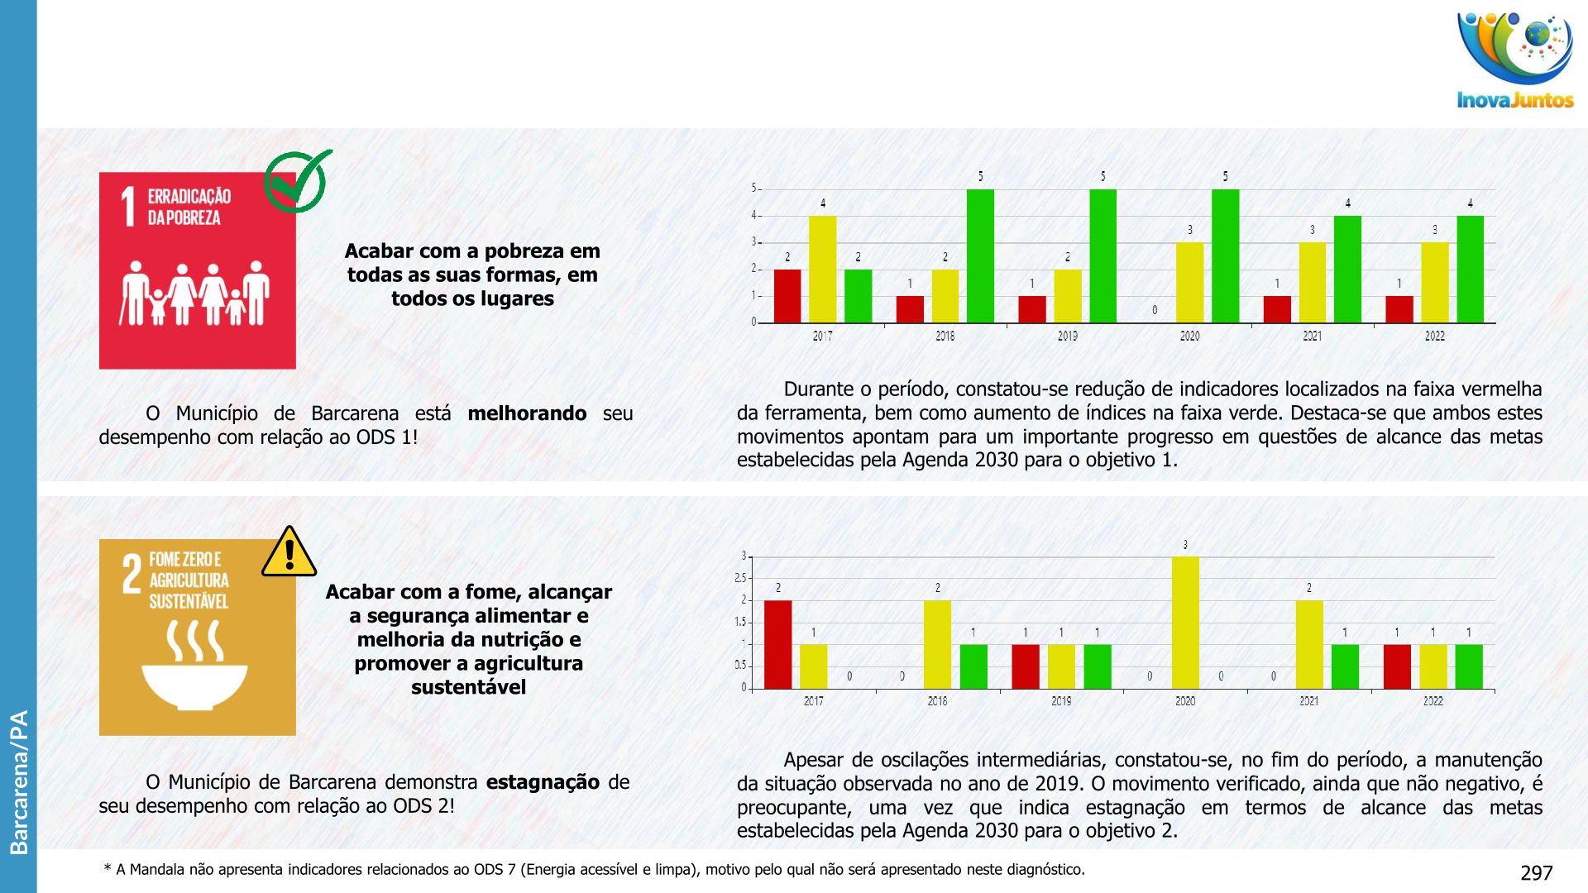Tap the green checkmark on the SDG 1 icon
(297, 181)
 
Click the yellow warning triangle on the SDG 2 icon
(289, 552)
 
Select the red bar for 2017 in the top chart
(787, 296)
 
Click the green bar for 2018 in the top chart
(980, 256)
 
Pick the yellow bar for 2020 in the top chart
(1189, 283)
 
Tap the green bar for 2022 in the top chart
(1470, 270)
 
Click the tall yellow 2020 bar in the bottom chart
(1185, 623)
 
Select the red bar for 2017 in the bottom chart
(777, 645)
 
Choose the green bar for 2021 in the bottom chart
(1345, 666)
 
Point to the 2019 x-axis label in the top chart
(1067, 336)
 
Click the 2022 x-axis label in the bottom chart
(1433, 701)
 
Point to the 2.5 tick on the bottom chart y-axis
(740, 578)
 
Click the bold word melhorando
(527, 413)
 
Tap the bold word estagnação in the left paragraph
(543, 782)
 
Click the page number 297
(1536, 873)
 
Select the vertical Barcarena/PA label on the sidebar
(18, 781)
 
